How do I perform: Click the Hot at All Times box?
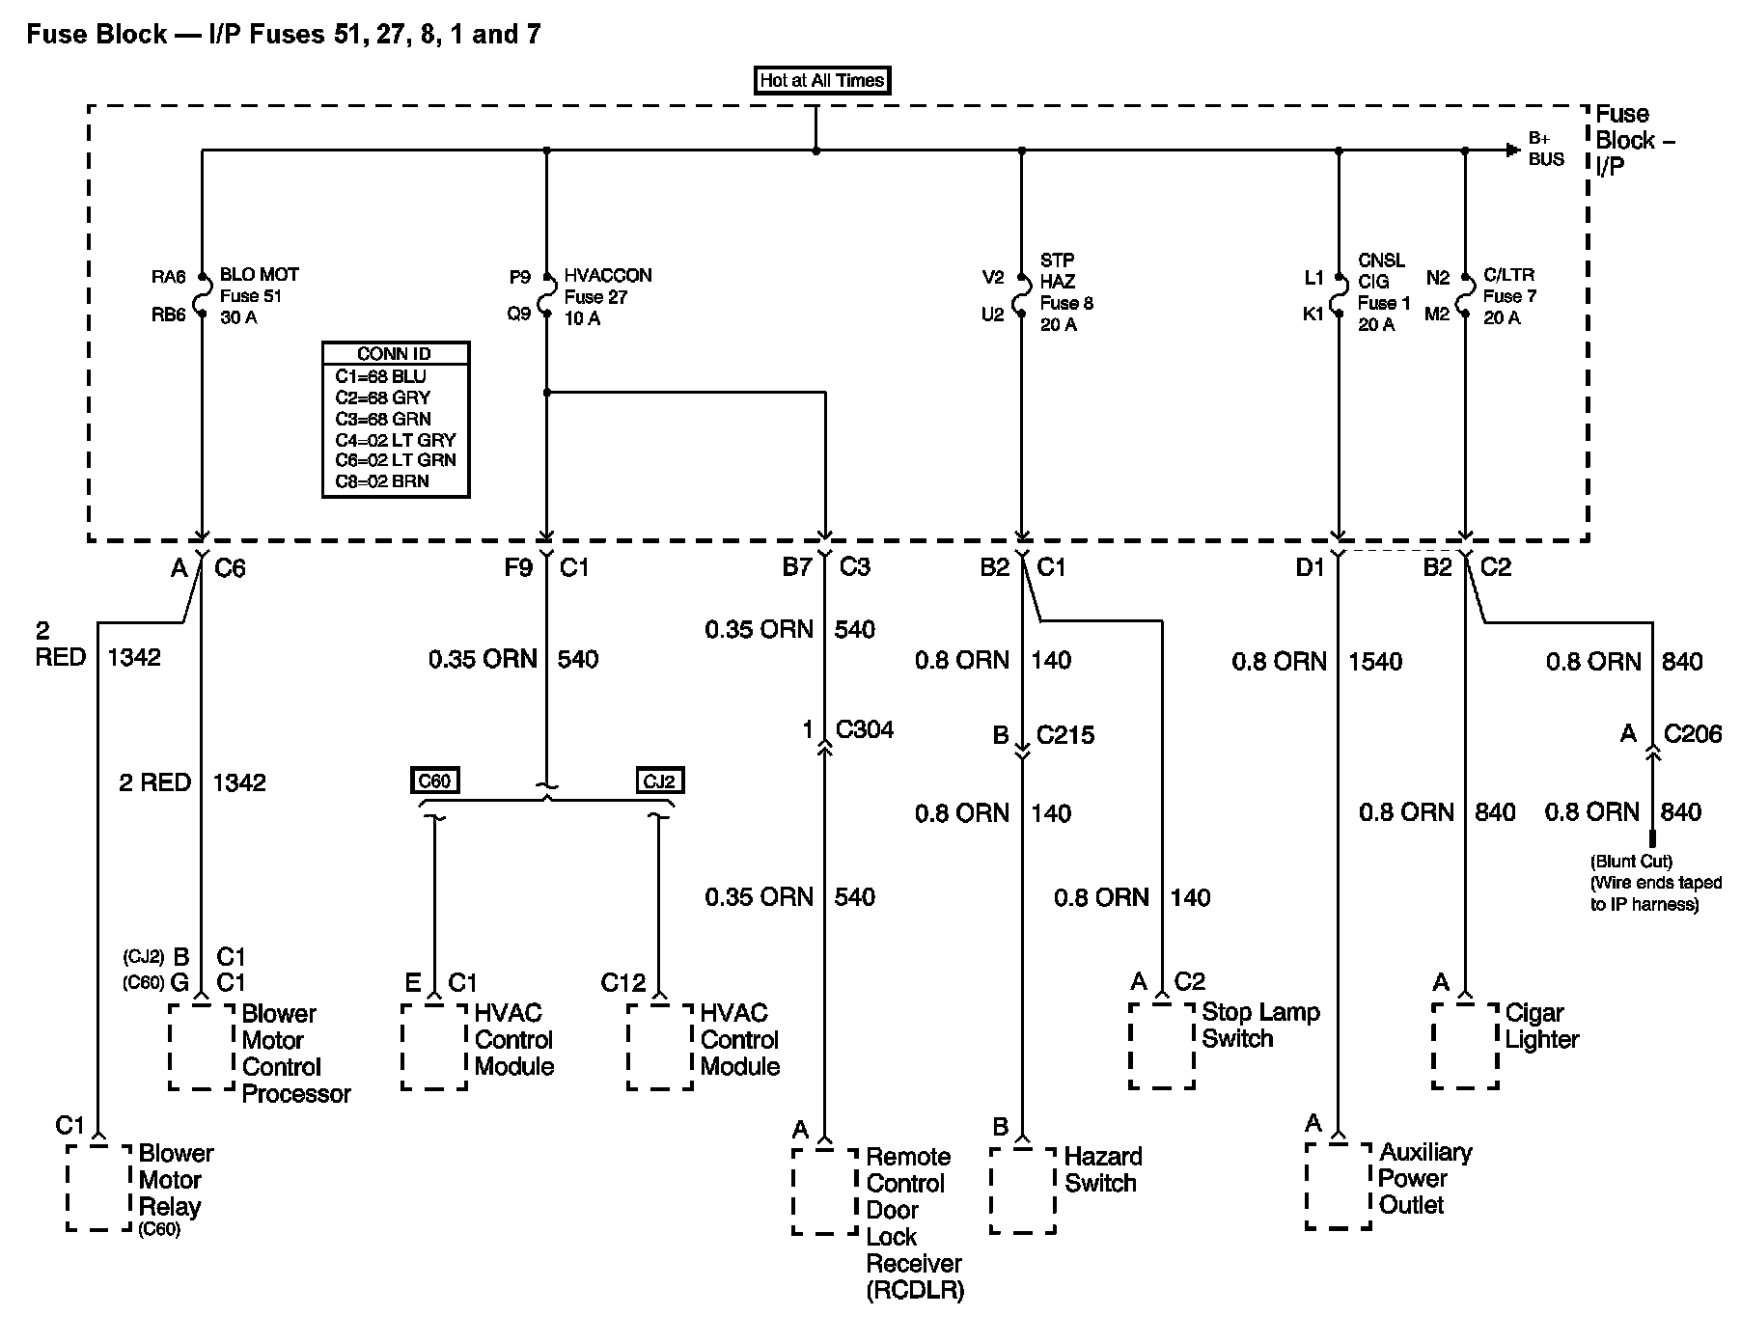pos(821,81)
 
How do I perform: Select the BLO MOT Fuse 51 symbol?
pos(203,294)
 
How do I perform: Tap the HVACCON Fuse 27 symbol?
pos(546,294)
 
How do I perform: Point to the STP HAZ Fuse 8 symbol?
pos(1022,294)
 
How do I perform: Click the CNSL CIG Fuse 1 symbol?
pos(1339,294)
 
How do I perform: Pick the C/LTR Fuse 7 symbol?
pos(1465,294)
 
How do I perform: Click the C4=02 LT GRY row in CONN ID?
pos(396,440)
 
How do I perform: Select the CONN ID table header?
pos(396,354)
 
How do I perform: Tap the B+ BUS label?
pos(1546,150)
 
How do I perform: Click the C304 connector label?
pos(865,729)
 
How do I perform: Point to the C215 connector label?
pos(1065,735)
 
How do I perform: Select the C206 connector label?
pos(1693,734)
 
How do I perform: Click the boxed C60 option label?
pos(434,781)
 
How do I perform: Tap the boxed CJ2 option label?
pos(659,781)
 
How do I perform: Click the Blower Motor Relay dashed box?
pos(98,1188)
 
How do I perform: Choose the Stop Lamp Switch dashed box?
pos(1162,1047)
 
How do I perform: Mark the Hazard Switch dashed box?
pos(1022,1190)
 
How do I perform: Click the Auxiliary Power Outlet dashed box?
pos(1338,1186)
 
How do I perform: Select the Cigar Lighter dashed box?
pos(1465,1047)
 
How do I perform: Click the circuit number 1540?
pos(1376,662)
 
